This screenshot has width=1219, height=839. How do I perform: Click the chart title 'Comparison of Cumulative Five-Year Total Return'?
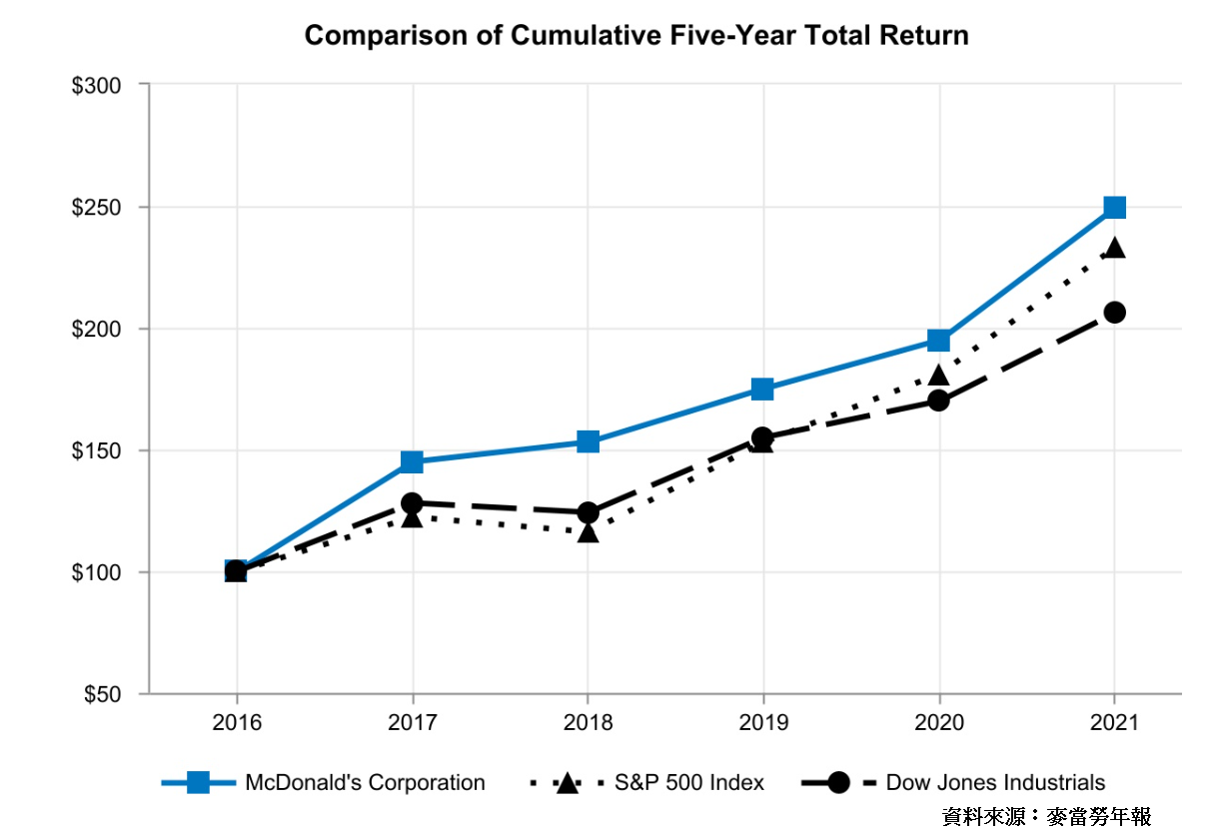(x=636, y=35)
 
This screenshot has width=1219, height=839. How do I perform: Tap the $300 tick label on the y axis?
(x=96, y=86)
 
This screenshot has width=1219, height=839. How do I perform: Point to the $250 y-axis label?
(x=96, y=208)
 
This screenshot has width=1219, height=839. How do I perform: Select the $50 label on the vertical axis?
(x=102, y=694)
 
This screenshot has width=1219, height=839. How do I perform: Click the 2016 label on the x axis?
(x=237, y=722)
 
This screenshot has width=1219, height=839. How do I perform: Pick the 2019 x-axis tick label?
(x=763, y=722)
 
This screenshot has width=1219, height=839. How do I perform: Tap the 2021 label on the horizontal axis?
(x=1114, y=722)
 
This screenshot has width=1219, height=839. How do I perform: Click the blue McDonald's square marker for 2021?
(x=1114, y=208)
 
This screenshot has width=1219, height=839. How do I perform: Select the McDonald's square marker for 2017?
(x=412, y=461)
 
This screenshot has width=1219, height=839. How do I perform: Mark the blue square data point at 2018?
(x=588, y=441)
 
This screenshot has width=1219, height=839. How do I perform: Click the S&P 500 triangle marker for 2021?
(x=1114, y=249)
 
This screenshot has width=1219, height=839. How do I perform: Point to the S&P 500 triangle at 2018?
(x=588, y=532)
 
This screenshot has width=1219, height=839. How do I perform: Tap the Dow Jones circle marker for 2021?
(x=1114, y=313)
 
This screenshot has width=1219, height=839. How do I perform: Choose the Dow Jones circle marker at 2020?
(x=938, y=401)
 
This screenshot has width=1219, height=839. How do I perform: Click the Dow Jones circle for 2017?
(x=412, y=503)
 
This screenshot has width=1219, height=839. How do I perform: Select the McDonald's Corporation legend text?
(x=365, y=782)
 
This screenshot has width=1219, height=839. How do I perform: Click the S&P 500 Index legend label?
(x=689, y=782)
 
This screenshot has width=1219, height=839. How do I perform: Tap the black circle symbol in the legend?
(x=838, y=783)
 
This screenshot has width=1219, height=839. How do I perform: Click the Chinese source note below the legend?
(x=1046, y=816)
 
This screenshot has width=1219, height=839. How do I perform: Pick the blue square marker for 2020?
(x=938, y=341)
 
